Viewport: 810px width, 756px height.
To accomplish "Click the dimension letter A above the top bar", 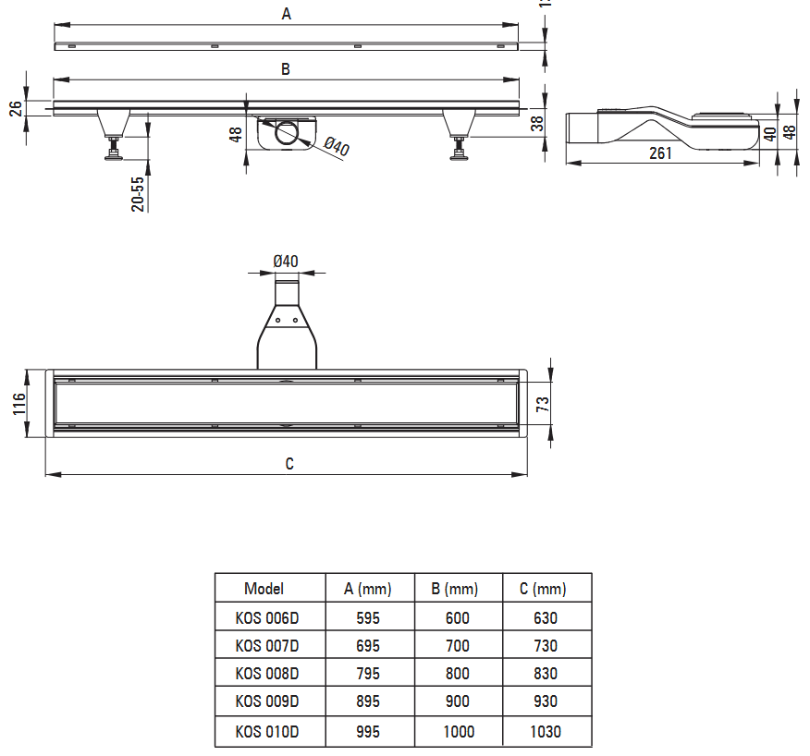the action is tap(287, 14).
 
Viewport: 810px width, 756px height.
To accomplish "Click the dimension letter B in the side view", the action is tap(285, 69).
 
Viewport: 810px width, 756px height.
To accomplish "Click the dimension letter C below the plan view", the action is tap(289, 464).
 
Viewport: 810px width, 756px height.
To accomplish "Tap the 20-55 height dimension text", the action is tap(138, 194).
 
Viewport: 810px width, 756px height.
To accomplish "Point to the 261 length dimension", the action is tap(660, 153).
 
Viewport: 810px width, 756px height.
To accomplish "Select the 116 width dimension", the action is tap(19, 404).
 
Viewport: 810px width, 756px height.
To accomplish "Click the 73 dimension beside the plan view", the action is tap(543, 404).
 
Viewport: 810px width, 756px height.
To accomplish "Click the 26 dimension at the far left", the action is tap(16, 108).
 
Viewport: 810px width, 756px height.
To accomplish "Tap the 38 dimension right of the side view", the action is tap(537, 123).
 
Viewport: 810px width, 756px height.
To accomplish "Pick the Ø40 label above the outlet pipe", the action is tap(286, 262).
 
